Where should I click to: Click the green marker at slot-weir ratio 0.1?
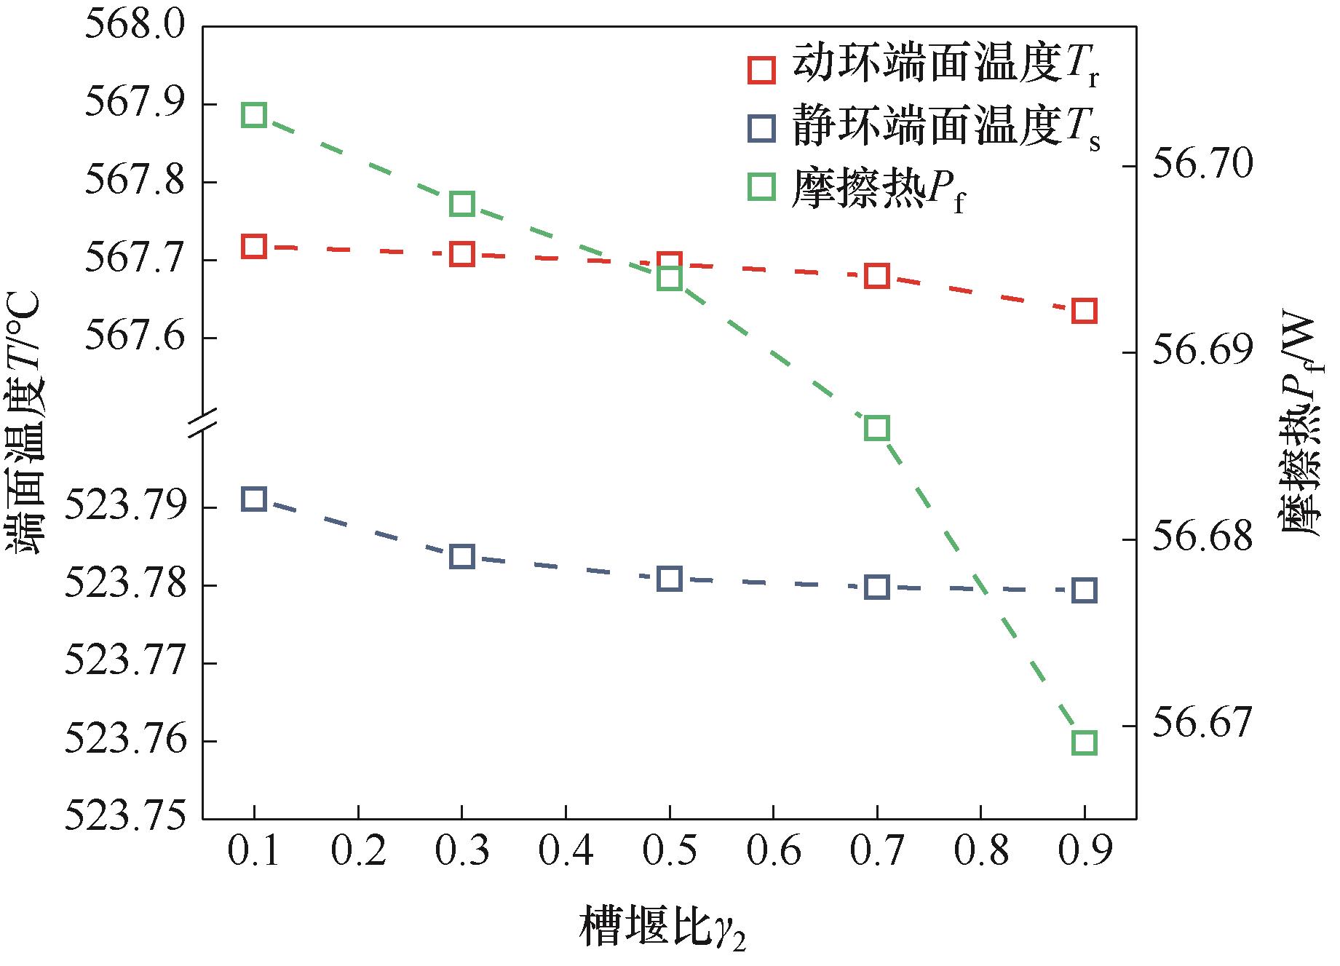253,115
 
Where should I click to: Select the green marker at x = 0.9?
1084,743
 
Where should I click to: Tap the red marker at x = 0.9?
1084,311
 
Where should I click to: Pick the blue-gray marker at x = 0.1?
253,499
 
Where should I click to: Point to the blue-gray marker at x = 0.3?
461,557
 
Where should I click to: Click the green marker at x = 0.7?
876,428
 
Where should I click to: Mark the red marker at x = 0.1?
253,247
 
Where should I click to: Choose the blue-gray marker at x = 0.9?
1084,590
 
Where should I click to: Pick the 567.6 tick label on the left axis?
134,338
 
